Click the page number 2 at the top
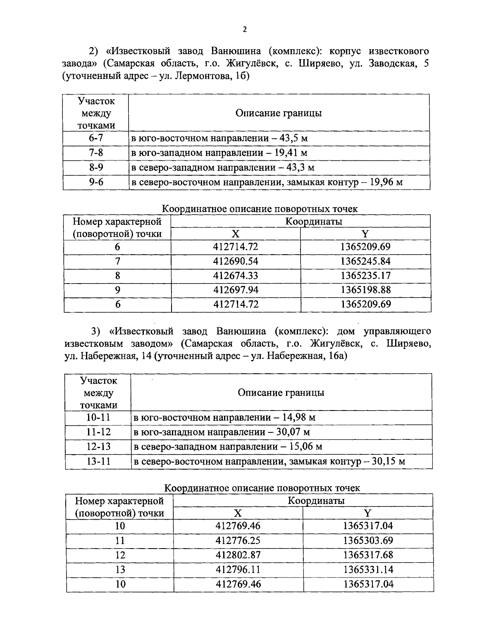click(245, 29)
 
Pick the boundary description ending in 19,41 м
click(219, 153)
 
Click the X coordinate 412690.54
click(235, 261)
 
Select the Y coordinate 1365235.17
click(365, 276)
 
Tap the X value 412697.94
click(235, 290)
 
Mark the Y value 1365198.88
click(365, 290)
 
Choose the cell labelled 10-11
click(98, 417)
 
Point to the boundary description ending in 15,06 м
click(227, 446)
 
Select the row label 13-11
click(98, 461)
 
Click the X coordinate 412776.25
click(238, 540)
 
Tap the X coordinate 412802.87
click(238, 555)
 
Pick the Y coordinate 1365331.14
click(368, 569)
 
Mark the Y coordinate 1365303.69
click(368, 540)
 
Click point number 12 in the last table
click(120, 555)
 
